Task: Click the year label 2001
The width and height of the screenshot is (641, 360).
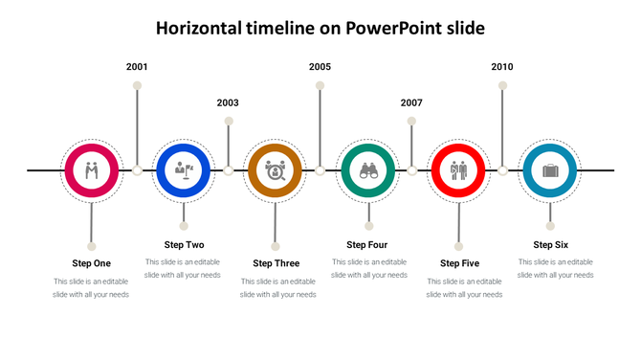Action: (137, 67)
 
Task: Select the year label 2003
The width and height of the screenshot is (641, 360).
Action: (228, 102)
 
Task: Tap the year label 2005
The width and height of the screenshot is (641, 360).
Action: (320, 67)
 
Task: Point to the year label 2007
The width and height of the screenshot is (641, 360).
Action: (411, 102)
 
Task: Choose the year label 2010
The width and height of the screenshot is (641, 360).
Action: (502, 67)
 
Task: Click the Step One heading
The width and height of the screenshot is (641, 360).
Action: (91, 263)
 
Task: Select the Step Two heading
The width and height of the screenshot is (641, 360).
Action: (184, 244)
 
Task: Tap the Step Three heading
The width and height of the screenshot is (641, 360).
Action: (276, 263)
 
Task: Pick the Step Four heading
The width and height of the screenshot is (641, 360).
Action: (367, 244)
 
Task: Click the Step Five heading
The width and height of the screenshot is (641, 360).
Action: (459, 263)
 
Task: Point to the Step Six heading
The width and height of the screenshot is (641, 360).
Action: (551, 244)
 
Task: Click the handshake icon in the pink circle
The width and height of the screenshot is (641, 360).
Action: (91, 170)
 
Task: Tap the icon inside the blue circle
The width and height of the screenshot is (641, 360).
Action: (183, 170)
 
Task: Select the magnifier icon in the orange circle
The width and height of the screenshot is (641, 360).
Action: (275, 170)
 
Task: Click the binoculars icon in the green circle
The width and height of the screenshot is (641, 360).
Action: (367, 170)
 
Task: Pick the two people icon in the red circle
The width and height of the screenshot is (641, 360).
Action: (458, 170)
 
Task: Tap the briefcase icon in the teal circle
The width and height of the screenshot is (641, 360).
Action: (550, 170)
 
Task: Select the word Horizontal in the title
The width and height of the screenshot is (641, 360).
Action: (202, 29)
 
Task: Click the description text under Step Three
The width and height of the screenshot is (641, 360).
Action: (277, 288)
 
